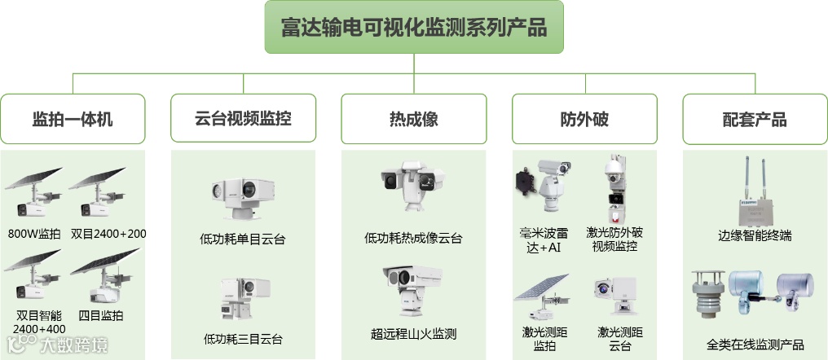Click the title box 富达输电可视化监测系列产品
[414, 27]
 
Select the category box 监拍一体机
[73, 119]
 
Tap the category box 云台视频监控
[243, 119]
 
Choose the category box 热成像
[413, 119]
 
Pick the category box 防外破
[584, 119]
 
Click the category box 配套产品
[755, 119]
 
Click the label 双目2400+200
[108, 234]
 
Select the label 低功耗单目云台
[243, 239]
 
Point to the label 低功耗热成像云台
[413, 239]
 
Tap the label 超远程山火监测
[413, 334]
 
